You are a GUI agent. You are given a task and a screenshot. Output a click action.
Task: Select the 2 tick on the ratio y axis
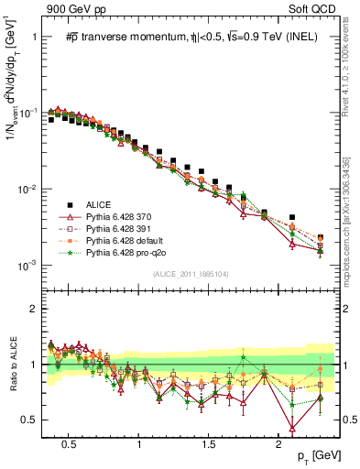pyautogui.click(x=36, y=309)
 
